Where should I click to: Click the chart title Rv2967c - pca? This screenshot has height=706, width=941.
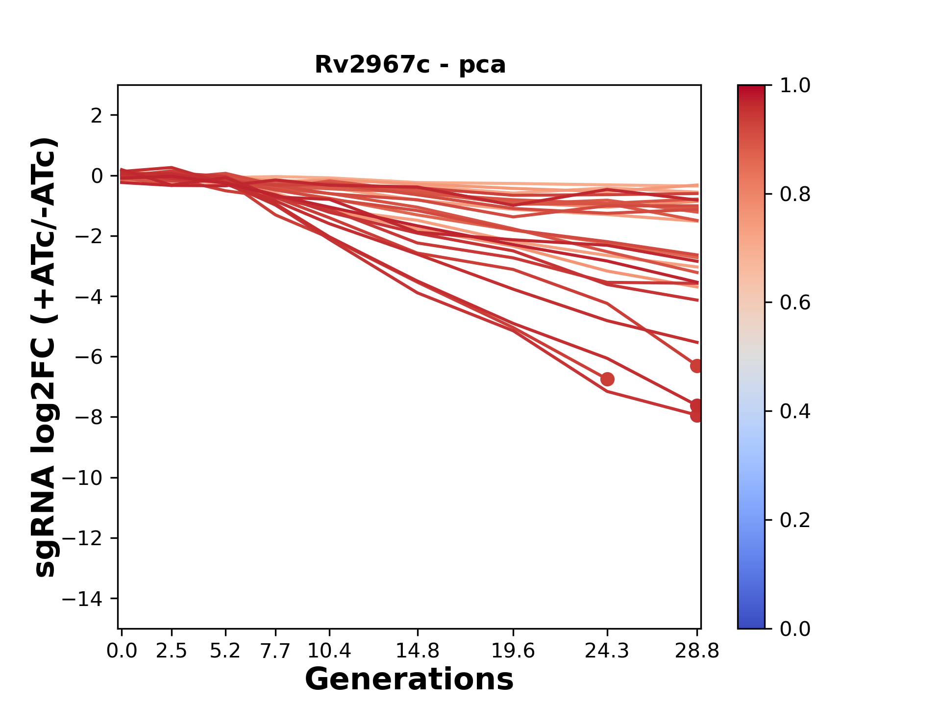[410, 65]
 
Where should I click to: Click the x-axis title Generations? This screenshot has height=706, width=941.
[409, 680]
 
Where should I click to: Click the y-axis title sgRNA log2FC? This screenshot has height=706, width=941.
[45, 357]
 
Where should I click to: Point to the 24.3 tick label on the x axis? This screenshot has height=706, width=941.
[607, 651]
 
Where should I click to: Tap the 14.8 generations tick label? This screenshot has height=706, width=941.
[418, 651]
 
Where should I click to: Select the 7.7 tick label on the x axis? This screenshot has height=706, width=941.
[276, 651]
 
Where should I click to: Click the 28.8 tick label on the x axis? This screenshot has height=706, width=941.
[697, 651]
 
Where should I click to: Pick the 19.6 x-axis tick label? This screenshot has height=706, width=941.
[513, 651]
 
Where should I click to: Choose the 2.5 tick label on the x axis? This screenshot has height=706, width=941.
[172, 651]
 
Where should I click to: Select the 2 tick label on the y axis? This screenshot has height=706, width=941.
[97, 116]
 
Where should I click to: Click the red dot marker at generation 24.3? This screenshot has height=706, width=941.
[607, 379]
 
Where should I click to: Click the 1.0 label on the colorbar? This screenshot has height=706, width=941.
[795, 86]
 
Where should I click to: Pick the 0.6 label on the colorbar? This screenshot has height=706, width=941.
[795, 303]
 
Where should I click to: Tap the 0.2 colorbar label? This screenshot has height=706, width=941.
[795, 520]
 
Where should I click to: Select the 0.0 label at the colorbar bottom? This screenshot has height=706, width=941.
[795, 629]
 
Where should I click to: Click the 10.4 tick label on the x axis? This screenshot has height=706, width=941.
[329, 651]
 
